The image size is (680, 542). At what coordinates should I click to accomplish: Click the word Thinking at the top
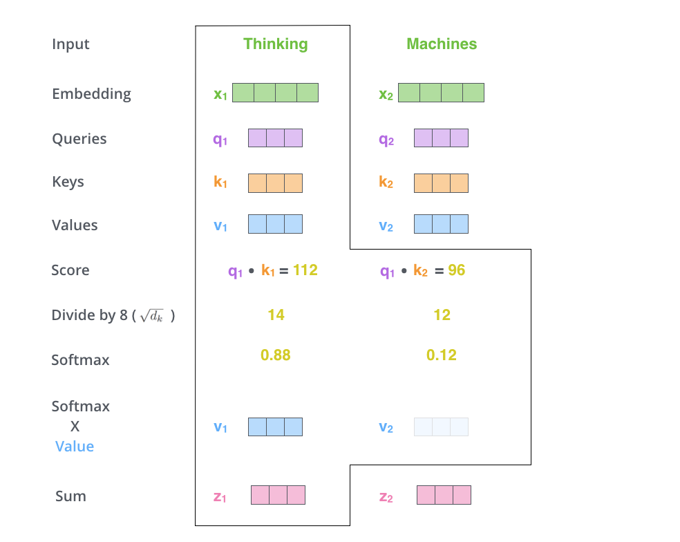(275, 44)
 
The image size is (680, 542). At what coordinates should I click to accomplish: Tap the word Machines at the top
(442, 44)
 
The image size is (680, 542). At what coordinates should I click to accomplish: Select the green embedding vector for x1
(275, 93)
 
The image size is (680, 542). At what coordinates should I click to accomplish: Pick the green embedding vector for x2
(441, 93)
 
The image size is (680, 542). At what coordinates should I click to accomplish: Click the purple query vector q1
(275, 138)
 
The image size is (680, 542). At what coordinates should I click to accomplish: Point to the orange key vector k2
(441, 183)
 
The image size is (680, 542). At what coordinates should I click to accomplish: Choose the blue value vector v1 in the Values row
(275, 224)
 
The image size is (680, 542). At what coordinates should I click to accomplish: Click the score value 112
(305, 270)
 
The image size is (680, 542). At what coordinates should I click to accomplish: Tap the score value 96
(456, 270)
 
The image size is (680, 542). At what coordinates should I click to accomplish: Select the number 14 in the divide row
(276, 315)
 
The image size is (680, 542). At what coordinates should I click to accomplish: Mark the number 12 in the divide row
(442, 315)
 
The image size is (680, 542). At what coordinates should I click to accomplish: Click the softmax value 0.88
(275, 355)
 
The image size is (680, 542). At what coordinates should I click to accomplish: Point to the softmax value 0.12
(442, 355)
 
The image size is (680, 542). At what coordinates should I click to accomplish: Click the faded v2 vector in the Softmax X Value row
(441, 427)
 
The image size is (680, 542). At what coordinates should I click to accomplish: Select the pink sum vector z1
(278, 495)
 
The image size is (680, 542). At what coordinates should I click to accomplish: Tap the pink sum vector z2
(444, 495)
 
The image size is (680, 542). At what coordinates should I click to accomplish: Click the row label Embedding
(91, 94)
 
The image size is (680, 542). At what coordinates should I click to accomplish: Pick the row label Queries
(79, 139)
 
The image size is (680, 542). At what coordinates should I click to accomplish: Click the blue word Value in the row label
(75, 447)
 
